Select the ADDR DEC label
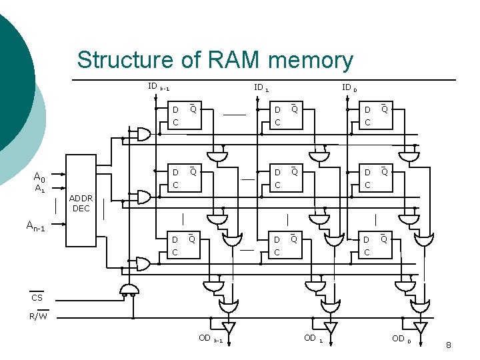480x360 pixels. pos(81,203)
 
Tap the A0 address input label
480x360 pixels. pos(39,177)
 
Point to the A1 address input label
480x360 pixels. pos(39,189)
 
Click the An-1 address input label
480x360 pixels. pos(35,227)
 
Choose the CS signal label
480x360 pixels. pos(38,297)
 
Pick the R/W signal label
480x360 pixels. pos(38,316)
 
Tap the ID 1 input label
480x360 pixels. pos(261,87)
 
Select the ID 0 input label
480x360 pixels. pos(349,87)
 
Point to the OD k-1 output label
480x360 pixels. pos(210,339)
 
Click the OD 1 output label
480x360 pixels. pos(313,339)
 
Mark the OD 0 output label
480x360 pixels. pos(401,339)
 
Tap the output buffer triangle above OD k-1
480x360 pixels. pos(229,328)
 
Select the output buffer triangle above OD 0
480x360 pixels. pos(420,328)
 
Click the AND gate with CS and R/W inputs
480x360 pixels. pos(129,288)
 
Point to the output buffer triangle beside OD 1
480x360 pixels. pos(330,328)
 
